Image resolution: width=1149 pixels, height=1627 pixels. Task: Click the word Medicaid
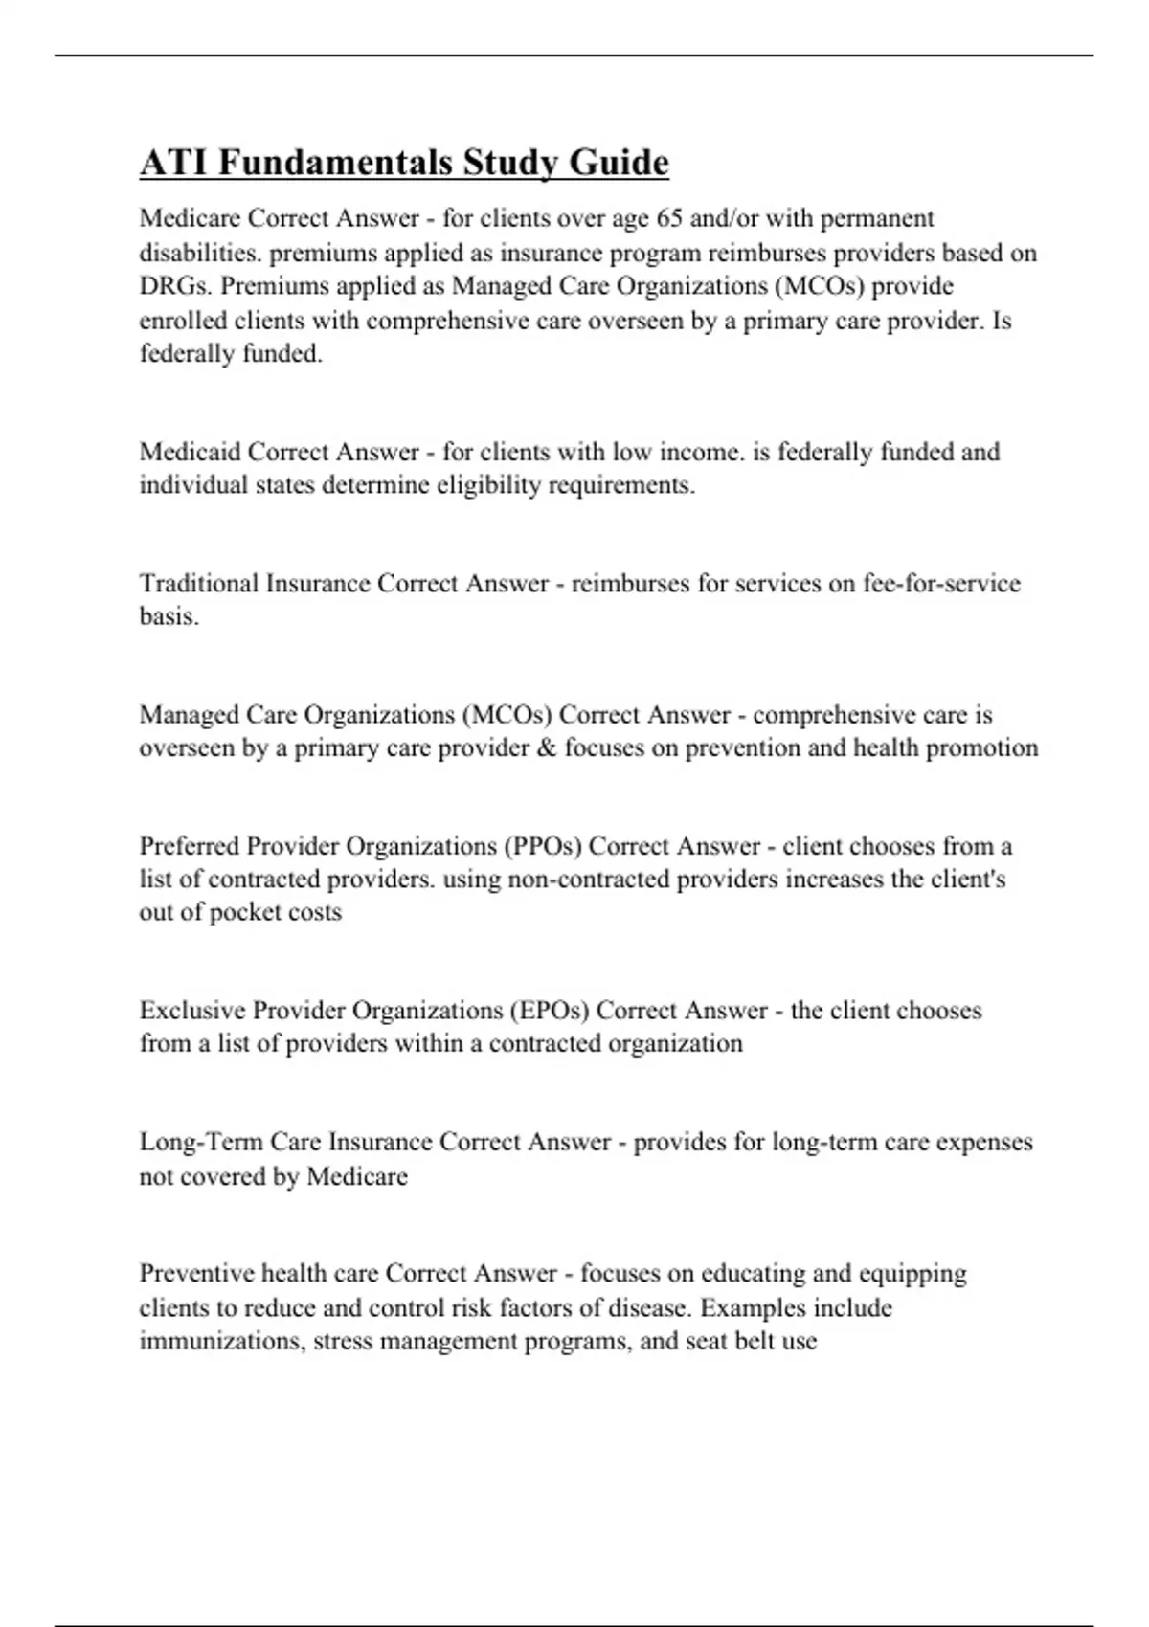point(190,452)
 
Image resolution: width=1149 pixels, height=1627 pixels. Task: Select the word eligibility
point(488,485)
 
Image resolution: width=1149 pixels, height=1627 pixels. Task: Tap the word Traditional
point(198,583)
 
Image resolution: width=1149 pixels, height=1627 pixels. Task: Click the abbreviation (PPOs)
point(540,846)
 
